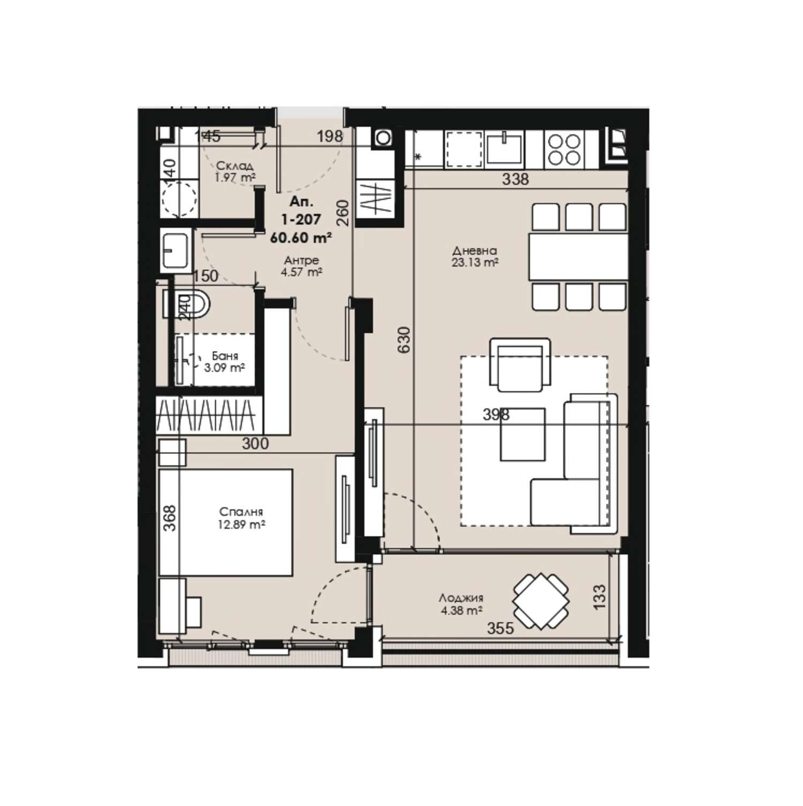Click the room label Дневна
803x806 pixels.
[x=474, y=250]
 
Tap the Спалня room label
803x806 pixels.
[x=241, y=512]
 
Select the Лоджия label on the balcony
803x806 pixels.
[x=461, y=598]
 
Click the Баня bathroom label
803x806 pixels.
[x=225, y=356]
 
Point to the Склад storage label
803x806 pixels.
[x=234, y=166]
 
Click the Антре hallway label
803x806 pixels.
[x=301, y=261]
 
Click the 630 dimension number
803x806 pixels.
[x=404, y=339]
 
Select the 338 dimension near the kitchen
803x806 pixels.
[x=515, y=179]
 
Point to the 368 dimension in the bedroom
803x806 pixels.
[x=169, y=519]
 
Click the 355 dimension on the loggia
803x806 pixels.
[x=500, y=628]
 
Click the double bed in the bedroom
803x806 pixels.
[x=226, y=522]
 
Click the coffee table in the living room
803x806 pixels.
[x=523, y=434]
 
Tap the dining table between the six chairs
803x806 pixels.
[x=578, y=256]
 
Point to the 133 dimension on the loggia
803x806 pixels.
[x=600, y=597]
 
